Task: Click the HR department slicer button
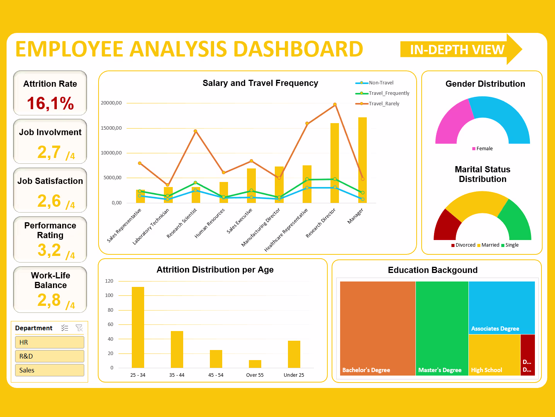49,342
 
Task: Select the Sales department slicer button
49,370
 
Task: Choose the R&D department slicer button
49,356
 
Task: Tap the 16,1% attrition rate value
50,103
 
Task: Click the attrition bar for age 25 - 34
138,327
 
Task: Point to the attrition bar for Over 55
255,364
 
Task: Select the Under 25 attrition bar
294,354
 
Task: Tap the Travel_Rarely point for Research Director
335,105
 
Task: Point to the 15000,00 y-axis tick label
111,128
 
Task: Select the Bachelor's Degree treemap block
378,328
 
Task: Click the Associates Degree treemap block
502,307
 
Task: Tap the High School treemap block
494,354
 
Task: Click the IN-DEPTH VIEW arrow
460,50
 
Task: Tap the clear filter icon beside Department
79,328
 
